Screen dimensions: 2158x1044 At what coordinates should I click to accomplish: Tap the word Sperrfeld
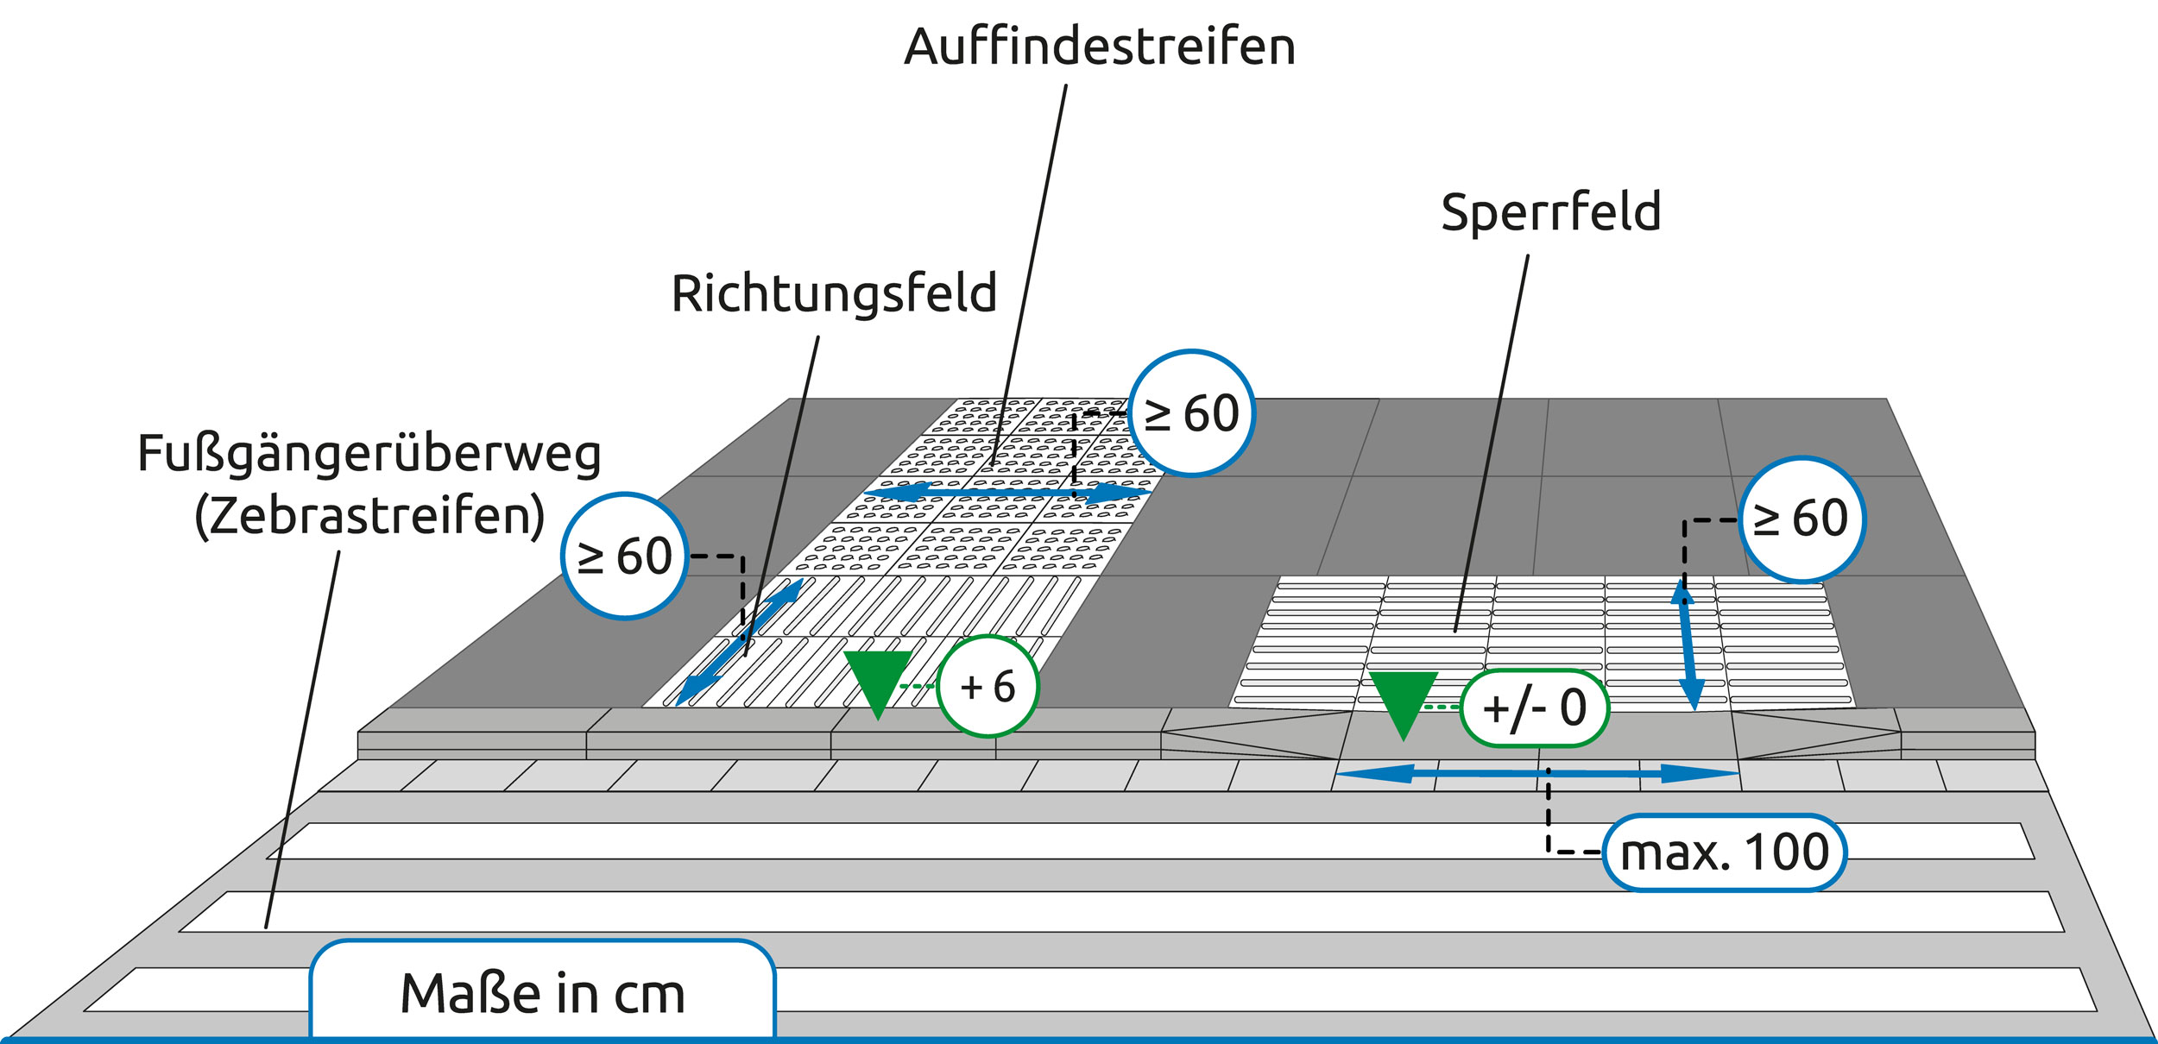pos(1551,211)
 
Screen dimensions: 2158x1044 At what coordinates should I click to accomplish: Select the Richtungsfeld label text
pos(834,293)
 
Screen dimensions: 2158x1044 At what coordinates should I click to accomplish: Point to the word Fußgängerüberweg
pos(369,454)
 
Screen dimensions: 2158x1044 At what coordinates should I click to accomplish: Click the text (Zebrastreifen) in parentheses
pos(369,516)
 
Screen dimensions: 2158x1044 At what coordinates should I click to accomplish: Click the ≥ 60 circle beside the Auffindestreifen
pos(1192,413)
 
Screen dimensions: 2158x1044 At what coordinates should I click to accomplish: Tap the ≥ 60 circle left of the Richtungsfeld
pos(625,556)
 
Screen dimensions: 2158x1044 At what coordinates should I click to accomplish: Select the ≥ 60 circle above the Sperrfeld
pos(1802,519)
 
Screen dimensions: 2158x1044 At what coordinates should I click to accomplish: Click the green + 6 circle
pos(988,687)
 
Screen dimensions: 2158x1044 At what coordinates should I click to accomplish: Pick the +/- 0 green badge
pos(1535,708)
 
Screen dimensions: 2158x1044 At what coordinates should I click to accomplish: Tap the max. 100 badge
pos(1725,852)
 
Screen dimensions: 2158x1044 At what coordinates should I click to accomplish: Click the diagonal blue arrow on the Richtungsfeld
pos(739,643)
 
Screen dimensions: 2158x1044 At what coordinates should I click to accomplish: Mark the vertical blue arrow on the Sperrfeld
pos(1688,645)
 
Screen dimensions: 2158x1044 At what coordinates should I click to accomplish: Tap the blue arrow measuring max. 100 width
pos(1537,774)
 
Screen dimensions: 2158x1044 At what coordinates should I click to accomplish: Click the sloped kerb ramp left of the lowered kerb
pos(1250,733)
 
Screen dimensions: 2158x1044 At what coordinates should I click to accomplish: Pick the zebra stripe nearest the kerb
pos(1152,840)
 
